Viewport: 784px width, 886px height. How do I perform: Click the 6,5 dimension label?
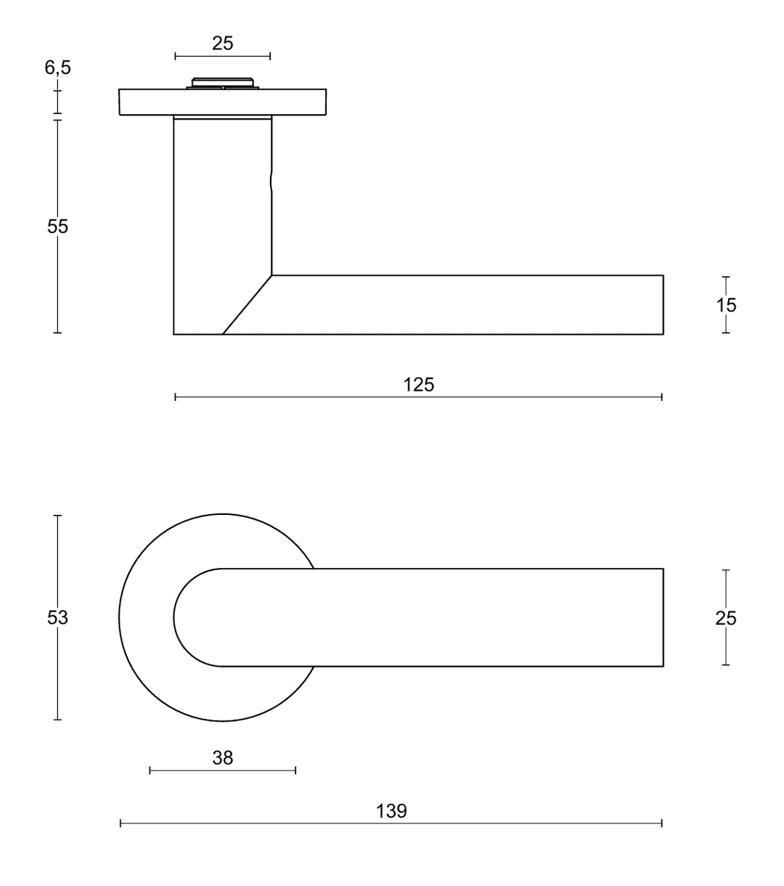pos(58,68)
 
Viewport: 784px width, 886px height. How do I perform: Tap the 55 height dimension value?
pos(57,227)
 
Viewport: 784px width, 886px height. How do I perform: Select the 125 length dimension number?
pos(419,385)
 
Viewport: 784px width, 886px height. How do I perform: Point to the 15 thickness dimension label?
pos(726,305)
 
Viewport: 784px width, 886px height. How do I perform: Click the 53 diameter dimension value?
pos(57,618)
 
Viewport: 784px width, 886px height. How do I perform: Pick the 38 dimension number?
pos(223,758)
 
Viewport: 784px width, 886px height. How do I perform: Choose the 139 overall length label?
pos(392,811)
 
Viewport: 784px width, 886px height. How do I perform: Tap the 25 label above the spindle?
pos(223,44)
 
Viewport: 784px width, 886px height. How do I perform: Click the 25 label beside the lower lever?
pos(726,618)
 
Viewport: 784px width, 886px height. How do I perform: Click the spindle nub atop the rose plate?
pos(223,83)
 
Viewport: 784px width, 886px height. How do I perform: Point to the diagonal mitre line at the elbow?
pos(247,305)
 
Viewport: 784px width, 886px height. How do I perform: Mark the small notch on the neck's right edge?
pos(271,182)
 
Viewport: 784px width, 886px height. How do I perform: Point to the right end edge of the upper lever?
pos(663,305)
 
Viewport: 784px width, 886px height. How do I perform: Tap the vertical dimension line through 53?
pos(57,675)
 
